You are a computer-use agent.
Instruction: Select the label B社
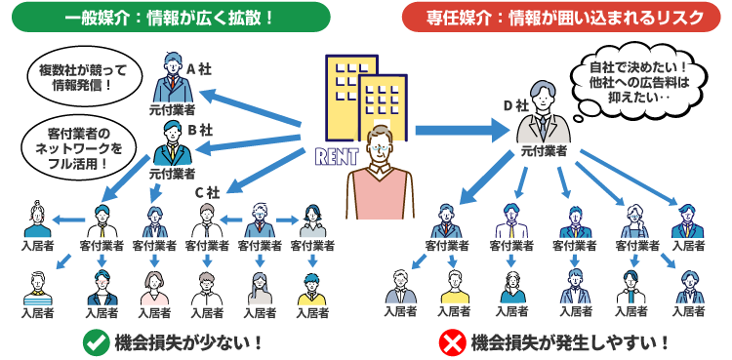pos(200,129)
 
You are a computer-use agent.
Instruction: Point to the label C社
pos(207,191)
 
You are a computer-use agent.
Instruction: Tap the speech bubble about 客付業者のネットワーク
pos(78,146)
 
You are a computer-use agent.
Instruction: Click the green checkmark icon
pos(95,341)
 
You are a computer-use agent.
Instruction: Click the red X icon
pos(451,341)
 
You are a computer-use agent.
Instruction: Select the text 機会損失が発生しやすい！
pos(570,341)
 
